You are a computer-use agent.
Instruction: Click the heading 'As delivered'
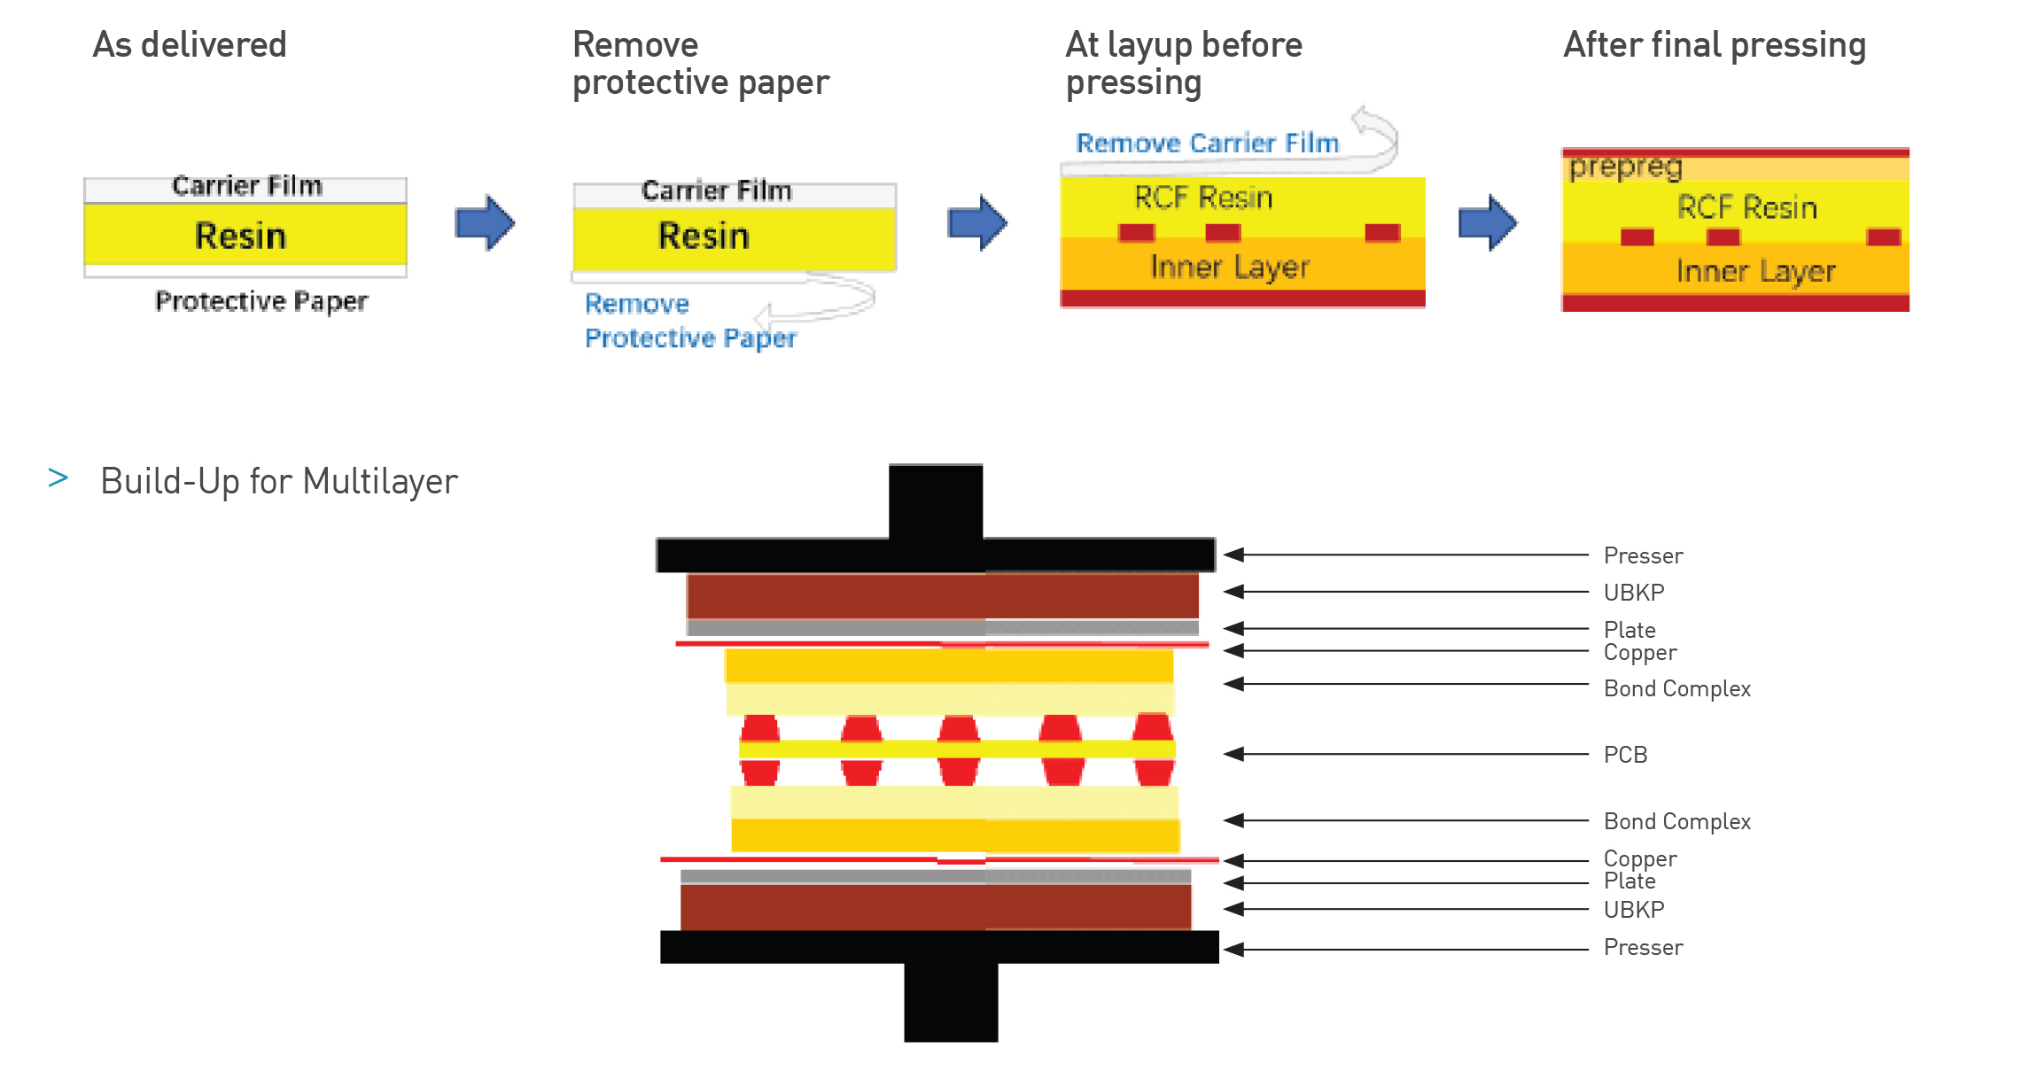click(190, 45)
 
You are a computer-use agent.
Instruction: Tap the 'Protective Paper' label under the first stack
click(261, 301)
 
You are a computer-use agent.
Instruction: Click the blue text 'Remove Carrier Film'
click(1206, 144)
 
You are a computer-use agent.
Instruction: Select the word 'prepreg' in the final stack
click(1625, 167)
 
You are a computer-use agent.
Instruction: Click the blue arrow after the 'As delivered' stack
click(484, 223)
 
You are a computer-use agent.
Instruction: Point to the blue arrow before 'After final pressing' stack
click(1488, 223)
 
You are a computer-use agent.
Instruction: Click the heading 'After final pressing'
click(1714, 45)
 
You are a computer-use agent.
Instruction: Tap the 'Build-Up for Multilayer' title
click(278, 482)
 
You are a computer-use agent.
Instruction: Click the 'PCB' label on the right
click(1625, 755)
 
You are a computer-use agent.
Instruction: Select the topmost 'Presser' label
click(1643, 555)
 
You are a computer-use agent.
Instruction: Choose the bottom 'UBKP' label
click(1633, 910)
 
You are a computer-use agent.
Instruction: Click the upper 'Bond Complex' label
click(1676, 688)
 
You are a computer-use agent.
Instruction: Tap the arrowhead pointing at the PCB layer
click(1234, 754)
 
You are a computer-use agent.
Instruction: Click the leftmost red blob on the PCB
click(759, 749)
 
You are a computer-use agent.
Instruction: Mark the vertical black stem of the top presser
click(935, 501)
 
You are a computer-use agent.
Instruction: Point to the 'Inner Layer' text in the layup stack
click(1229, 267)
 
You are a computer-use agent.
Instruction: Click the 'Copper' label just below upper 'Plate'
click(1639, 653)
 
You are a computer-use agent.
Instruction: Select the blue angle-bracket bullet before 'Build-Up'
click(58, 478)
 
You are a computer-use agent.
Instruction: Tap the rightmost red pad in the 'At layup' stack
click(1381, 233)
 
